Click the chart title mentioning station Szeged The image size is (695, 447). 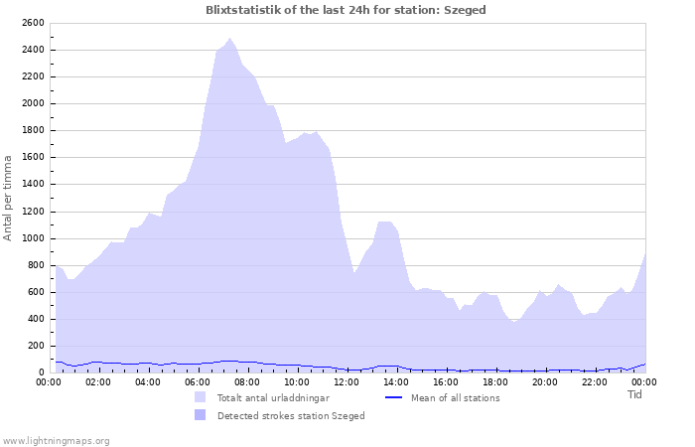(346, 10)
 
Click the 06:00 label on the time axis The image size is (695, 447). (198, 381)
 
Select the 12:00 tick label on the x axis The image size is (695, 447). (347, 381)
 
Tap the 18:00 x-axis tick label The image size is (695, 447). (495, 381)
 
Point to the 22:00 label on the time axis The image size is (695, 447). (595, 381)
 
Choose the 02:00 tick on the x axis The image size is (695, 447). (98, 381)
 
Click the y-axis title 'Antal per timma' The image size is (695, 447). (9, 197)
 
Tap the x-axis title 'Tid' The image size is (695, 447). (635, 394)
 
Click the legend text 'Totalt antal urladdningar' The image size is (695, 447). (273, 397)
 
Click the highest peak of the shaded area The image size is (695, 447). (229, 39)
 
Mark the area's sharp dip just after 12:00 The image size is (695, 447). (353, 273)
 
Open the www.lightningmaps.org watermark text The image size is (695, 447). (56, 440)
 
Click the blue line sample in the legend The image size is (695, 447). (394, 397)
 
